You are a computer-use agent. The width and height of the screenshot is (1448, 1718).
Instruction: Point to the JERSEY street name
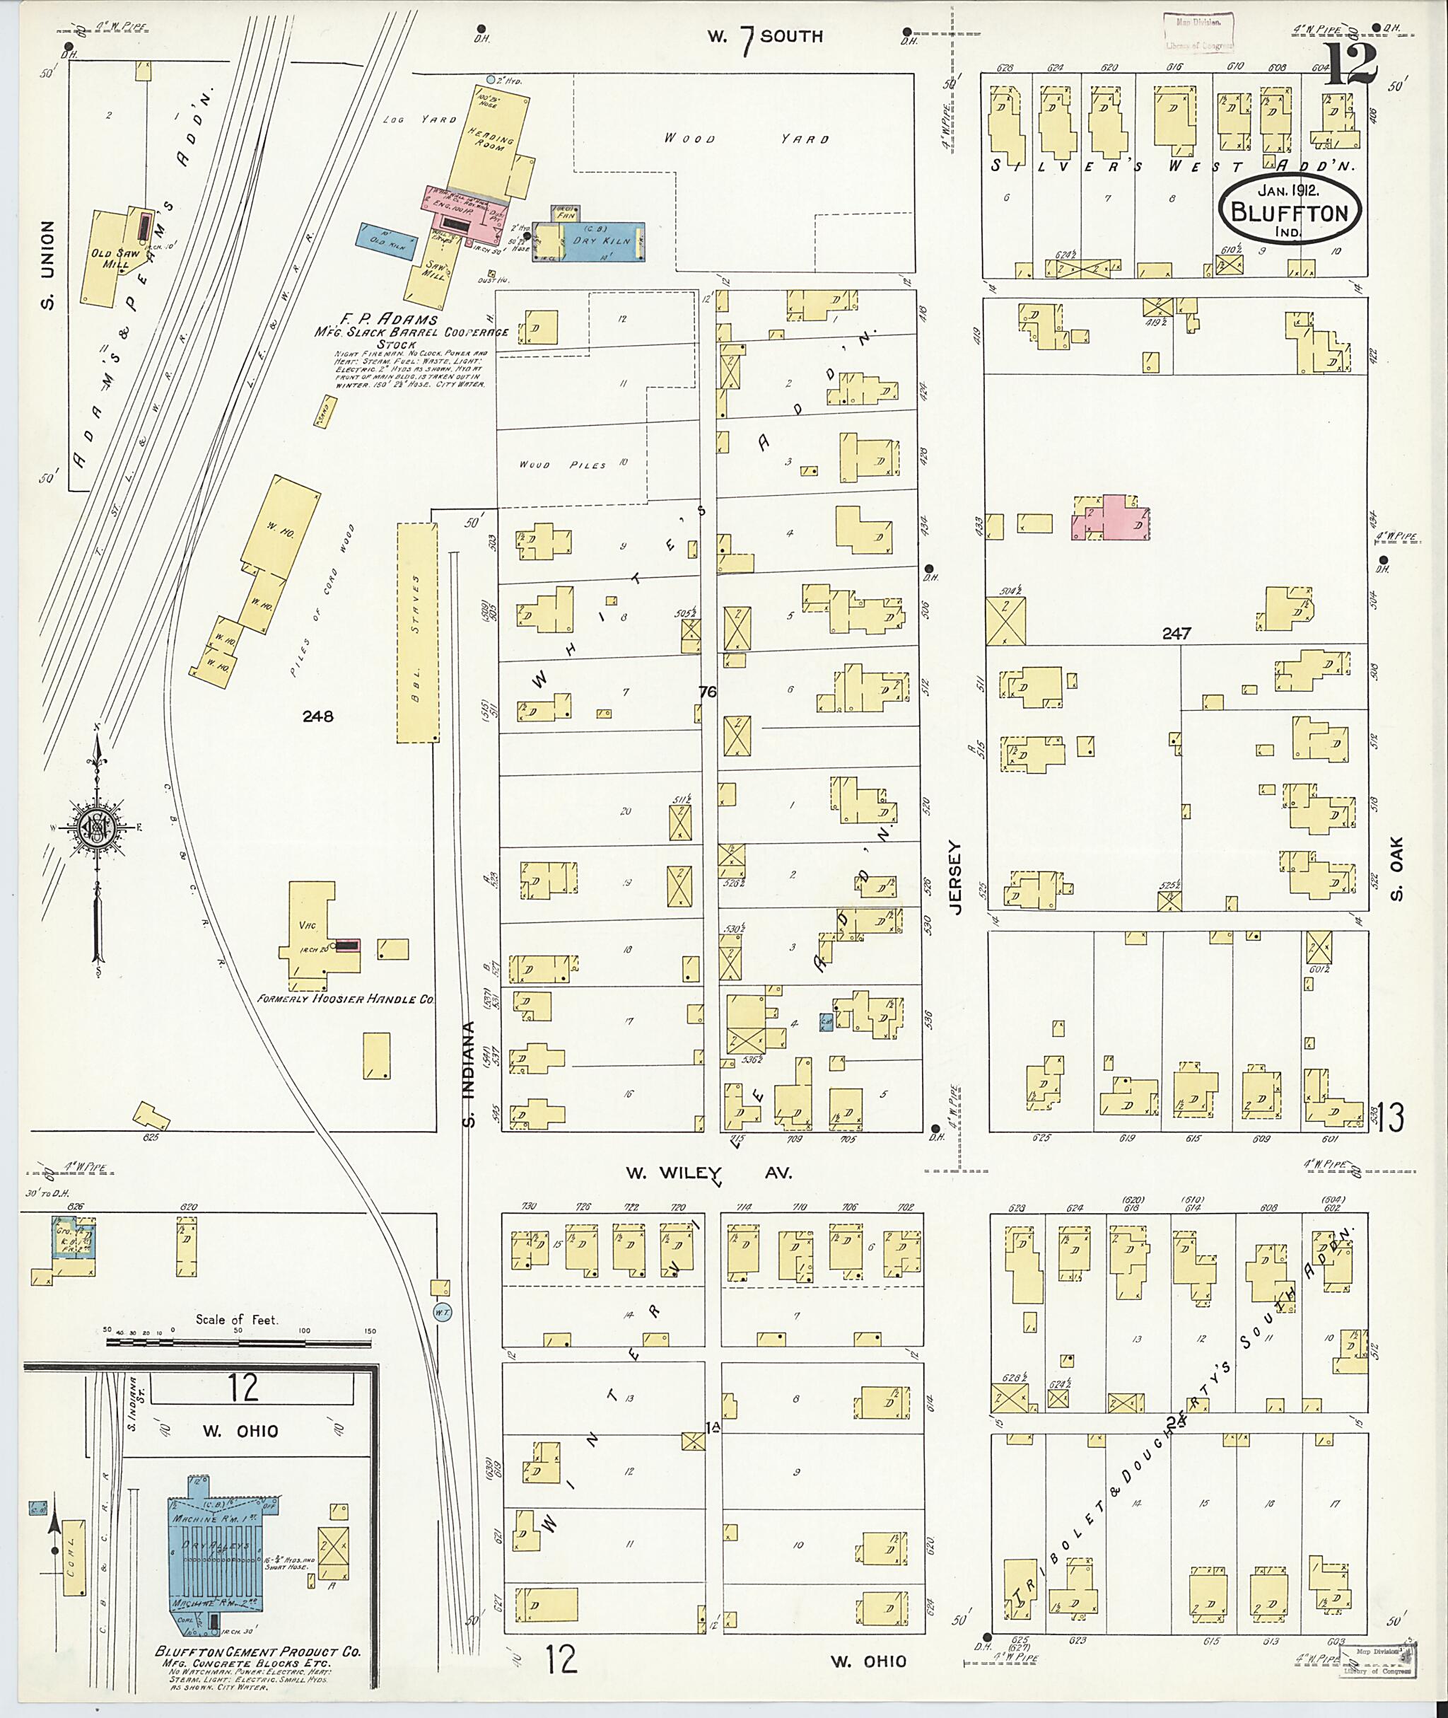[954, 878]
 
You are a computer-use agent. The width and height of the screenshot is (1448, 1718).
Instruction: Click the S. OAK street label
[1398, 868]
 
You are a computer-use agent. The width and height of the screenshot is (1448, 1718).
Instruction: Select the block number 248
[317, 716]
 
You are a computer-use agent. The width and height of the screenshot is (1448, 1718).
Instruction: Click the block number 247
[1176, 633]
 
